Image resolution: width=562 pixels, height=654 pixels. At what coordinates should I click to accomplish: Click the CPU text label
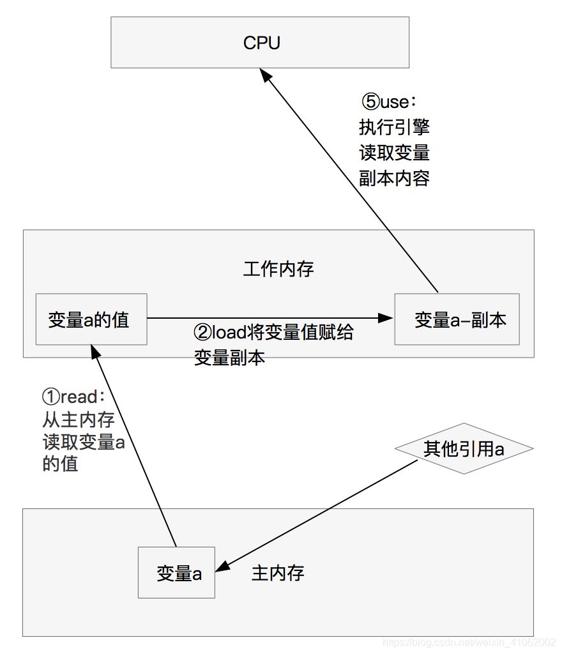tap(261, 43)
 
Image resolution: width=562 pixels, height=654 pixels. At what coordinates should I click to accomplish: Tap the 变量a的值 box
tap(91, 319)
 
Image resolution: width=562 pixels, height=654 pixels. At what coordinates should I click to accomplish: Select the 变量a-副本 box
tap(457, 319)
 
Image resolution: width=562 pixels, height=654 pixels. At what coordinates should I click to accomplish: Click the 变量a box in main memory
tap(176, 573)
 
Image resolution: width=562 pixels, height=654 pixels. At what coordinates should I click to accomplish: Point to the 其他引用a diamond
tap(464, 449)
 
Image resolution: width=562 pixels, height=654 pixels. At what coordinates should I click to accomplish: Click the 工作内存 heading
tap(278, 269)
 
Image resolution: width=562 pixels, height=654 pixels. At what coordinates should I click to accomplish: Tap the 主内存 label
tap(278, 573)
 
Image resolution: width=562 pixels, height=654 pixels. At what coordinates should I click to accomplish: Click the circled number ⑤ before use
tap(370, 102)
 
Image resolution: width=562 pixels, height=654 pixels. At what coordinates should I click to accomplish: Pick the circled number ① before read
tap(51, 397)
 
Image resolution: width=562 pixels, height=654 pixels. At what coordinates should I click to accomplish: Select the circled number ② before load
tap(203, 332)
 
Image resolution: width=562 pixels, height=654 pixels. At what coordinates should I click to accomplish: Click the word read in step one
tap(79, 397)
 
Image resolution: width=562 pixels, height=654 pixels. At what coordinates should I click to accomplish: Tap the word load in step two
tap(229, 332)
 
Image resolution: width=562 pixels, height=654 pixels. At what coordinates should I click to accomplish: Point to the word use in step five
tap(395, 102)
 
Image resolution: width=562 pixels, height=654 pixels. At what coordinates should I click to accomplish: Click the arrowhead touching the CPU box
tap(265, 75)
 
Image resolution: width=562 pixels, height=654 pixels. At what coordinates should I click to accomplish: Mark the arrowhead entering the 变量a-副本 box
tap(385, 318)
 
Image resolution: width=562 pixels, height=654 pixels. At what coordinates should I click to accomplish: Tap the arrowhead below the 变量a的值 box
tap(95, 352)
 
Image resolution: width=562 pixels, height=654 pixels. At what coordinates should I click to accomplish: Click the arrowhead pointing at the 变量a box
tap(222, 566)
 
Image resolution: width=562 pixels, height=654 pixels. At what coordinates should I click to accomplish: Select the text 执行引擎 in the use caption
tap(395, 127)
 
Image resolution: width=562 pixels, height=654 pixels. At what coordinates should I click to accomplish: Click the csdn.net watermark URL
tap(469, 643)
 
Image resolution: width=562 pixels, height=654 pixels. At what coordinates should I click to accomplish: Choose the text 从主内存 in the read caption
tap(79, 420)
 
